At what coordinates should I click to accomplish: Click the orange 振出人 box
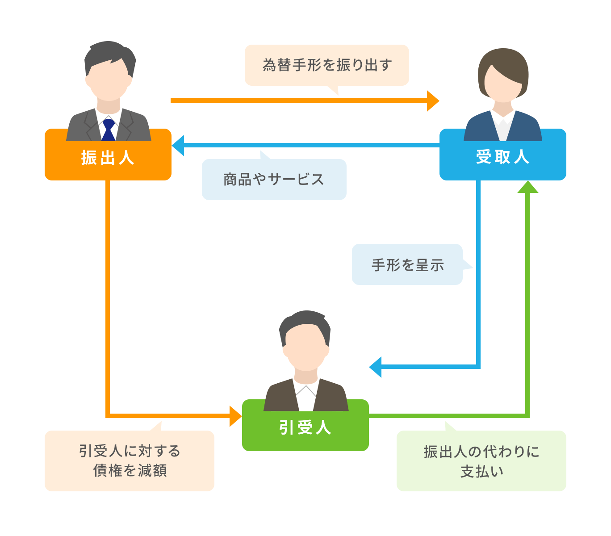[108, 157]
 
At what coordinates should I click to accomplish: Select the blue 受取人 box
[502, 157]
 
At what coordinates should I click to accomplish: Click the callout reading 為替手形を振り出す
[326, 65]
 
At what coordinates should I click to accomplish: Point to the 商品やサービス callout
[274, 180]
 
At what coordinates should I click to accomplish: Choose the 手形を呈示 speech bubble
[407, 264]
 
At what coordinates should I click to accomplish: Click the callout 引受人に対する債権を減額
[130, 461]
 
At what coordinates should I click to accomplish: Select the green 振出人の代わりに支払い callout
[481, 461]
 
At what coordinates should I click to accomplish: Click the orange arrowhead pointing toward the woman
[432, 101]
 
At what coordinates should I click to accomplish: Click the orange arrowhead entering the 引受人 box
[235, 416]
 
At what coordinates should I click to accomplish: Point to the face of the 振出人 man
[109, 80]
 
